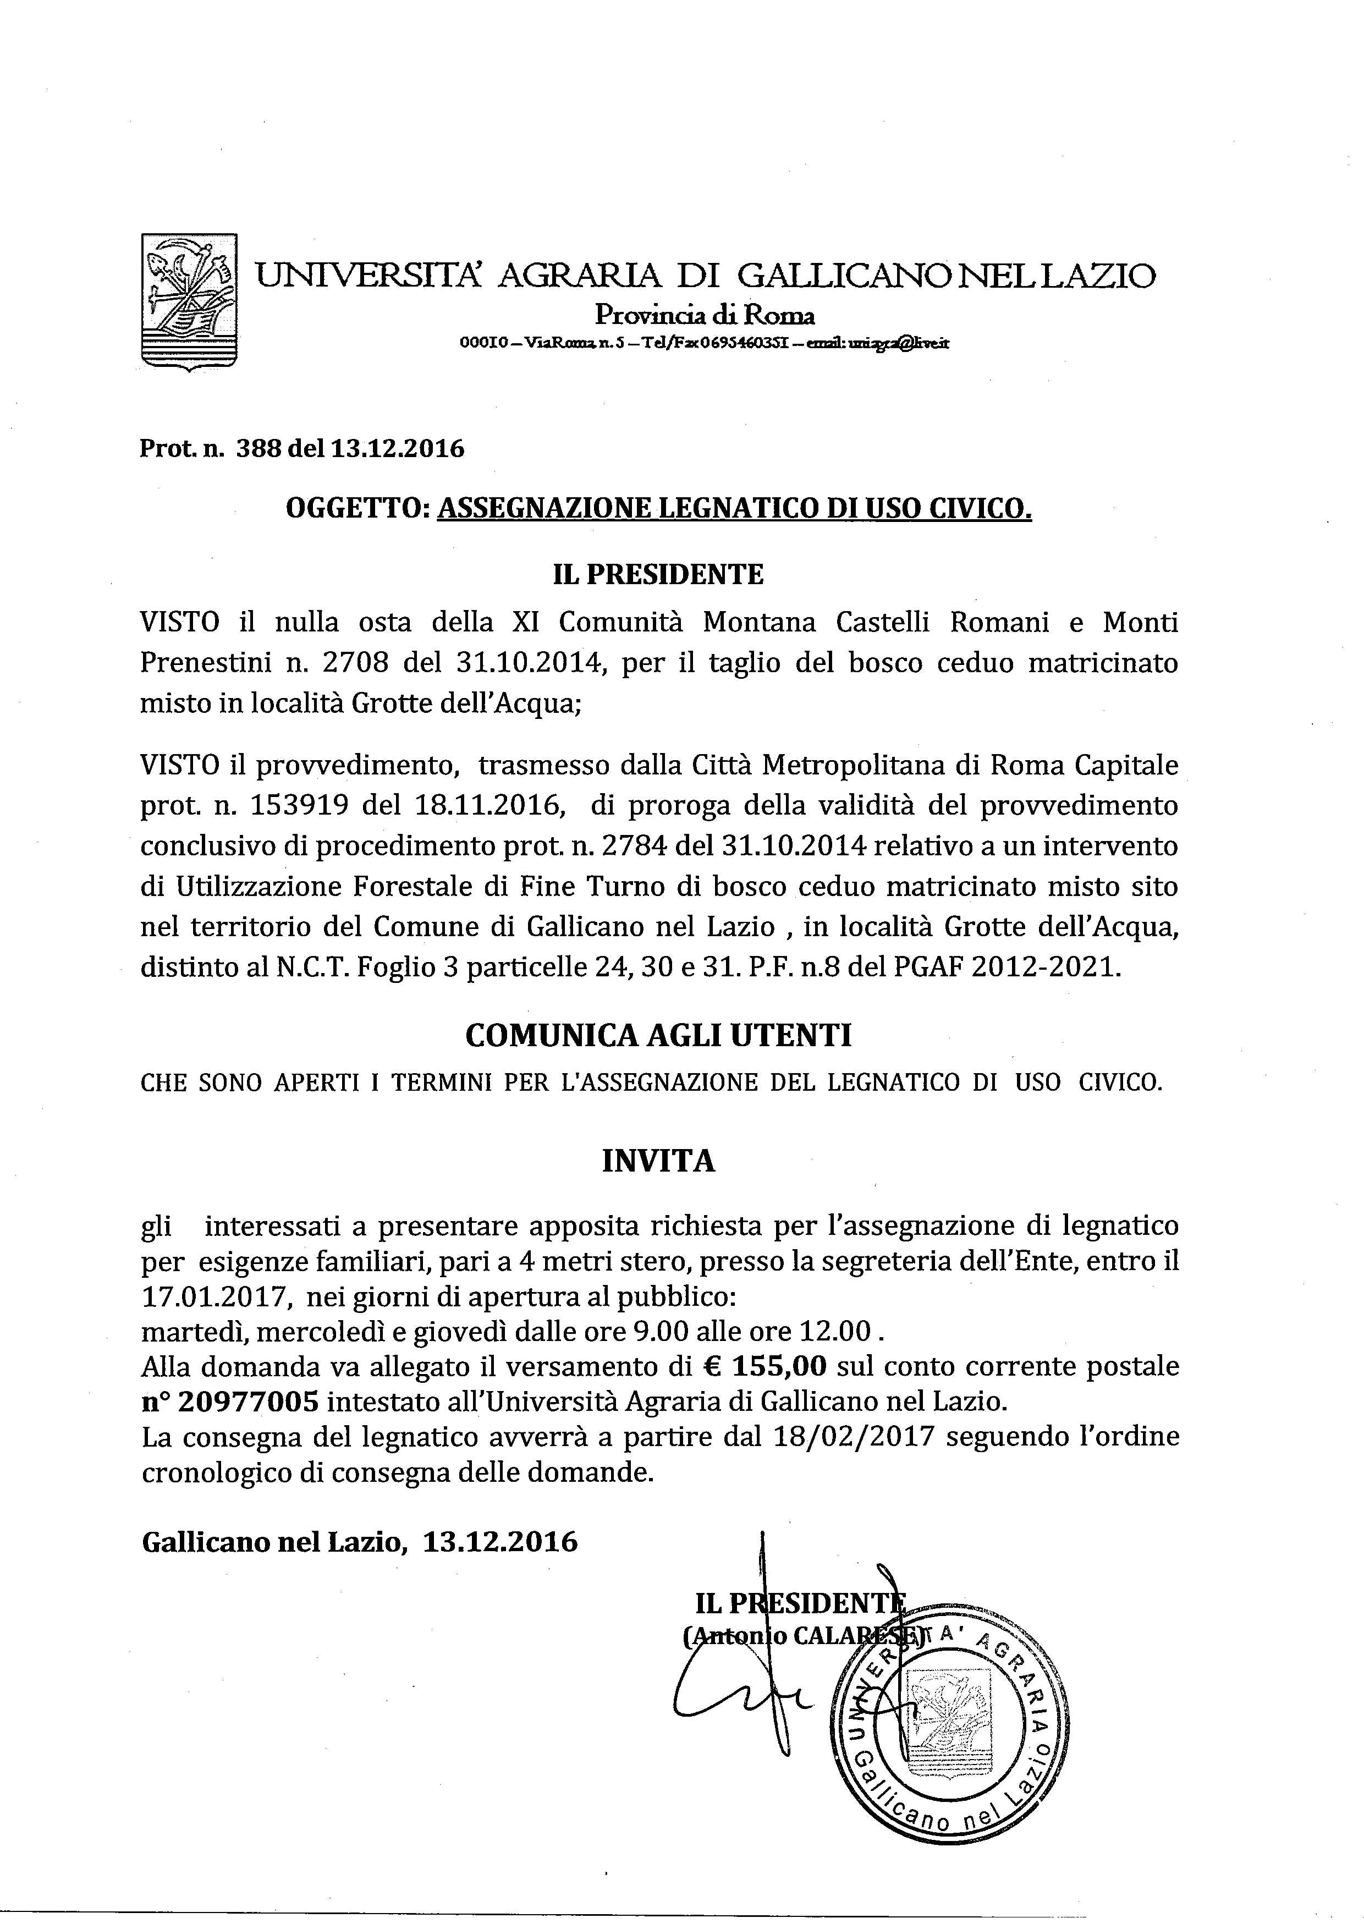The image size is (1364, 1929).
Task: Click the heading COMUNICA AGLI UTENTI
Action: (658, 1035)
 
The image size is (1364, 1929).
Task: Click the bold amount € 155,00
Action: (766, 1367)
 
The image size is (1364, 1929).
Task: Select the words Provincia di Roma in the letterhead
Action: (705, 316)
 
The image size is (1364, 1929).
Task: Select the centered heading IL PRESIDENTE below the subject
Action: (658, 575)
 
